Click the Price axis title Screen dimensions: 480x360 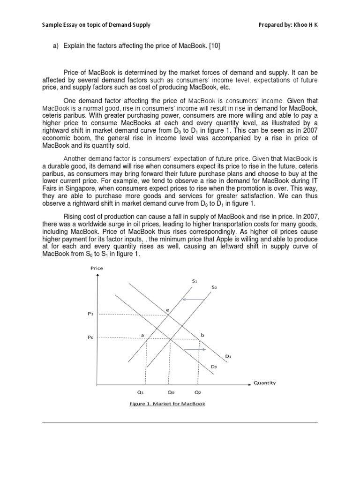click(97, 268)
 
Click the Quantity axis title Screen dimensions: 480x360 click(264, 382)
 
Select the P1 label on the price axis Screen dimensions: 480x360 click(91, 315)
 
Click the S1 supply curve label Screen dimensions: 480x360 click(195, 281)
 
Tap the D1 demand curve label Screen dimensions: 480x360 click(228, 356)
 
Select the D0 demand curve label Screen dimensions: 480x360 click(214, 368)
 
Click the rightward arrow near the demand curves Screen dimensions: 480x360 click(195, 350)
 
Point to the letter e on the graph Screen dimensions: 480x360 click(167, 309)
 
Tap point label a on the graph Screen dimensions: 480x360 click(142, 335)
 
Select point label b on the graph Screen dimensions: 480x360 click(202, 335)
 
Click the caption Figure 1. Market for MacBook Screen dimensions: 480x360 click(167, 404)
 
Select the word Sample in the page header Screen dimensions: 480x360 click(51, 24)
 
